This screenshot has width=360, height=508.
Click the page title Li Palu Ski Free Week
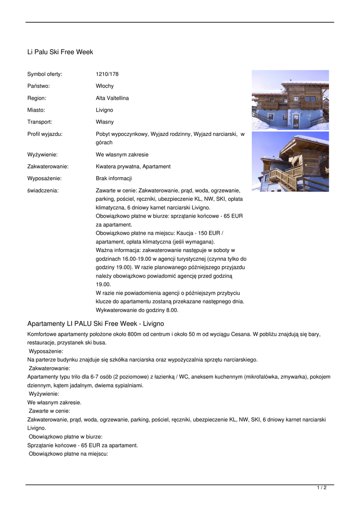point(60,52)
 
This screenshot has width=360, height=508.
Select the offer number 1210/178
point(107,74)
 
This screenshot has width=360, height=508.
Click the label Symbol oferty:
point(45,74)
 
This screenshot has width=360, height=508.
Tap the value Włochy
point(105,86)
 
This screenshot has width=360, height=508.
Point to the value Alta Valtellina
point(112,98)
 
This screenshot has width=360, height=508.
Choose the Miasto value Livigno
point(104,110)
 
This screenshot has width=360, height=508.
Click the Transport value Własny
point(105,122)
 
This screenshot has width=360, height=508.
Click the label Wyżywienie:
point(42,155)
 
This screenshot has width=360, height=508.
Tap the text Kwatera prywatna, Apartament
point(133,167)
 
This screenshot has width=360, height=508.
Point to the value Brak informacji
point(114,179)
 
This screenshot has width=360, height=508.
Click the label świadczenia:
point(43,190)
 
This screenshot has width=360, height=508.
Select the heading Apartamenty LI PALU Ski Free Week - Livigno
point(95,324)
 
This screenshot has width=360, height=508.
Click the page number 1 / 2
point(322,488)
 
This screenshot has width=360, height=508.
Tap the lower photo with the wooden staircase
point(290,161)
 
